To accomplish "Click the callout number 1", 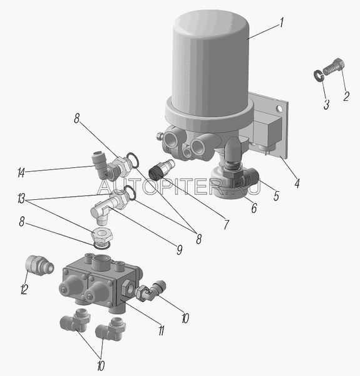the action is (282, 23).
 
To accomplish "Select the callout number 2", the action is (346, 96).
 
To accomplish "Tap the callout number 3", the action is (326, 104).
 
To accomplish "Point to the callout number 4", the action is (297, 183).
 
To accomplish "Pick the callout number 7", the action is (227, 224).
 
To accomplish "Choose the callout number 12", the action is (24, 289).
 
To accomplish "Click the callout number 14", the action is (21, 172).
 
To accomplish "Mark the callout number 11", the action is (161, 330).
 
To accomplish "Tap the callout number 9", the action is (180, 249).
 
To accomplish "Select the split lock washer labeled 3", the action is (318, 75).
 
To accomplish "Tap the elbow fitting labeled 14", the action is (103, 166).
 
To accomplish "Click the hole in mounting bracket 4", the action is (279, 108).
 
